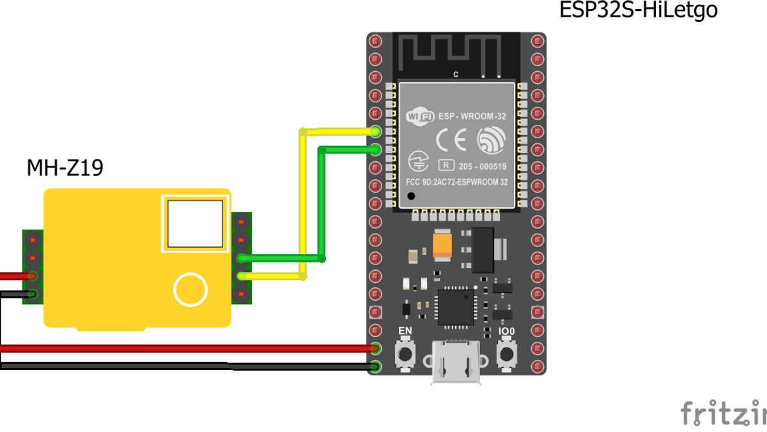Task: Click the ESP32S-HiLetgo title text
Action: [638, 11]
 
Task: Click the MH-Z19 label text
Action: [65, 168]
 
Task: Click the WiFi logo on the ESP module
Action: [421, 116]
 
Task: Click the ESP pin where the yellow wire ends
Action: [375, 132]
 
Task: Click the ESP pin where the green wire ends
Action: [375, 150]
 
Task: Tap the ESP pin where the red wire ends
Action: [375, 349]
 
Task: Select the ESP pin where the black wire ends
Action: [375, 367]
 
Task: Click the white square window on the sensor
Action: [195, 223]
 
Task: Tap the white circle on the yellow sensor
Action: [190, 289]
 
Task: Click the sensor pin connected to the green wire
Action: [242, 258]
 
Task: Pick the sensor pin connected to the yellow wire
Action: [242, 276]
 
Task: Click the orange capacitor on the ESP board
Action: [442, 246]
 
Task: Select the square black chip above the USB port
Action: [456, 307]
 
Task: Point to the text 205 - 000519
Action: [483, 166]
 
